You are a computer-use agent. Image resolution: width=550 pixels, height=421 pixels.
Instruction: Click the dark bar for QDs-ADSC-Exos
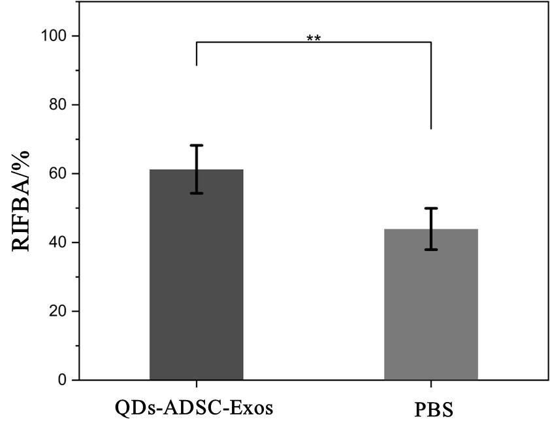[196, 275]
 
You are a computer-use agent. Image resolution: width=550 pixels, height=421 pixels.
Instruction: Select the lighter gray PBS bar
[430, 305]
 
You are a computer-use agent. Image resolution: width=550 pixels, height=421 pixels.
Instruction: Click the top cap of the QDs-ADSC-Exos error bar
[196, 145]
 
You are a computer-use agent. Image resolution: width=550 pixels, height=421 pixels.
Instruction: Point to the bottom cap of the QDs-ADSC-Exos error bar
[196, 193]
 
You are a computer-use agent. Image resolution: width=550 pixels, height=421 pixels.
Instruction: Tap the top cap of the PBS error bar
[430, 208]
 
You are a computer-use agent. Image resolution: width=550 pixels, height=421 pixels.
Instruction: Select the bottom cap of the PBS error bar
[430, 249]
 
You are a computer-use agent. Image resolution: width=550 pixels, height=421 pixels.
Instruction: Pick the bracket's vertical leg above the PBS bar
[431, 85]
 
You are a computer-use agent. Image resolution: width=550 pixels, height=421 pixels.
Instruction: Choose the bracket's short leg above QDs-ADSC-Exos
[196, 54]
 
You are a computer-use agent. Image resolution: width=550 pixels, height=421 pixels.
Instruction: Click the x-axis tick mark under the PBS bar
[431, 383]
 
